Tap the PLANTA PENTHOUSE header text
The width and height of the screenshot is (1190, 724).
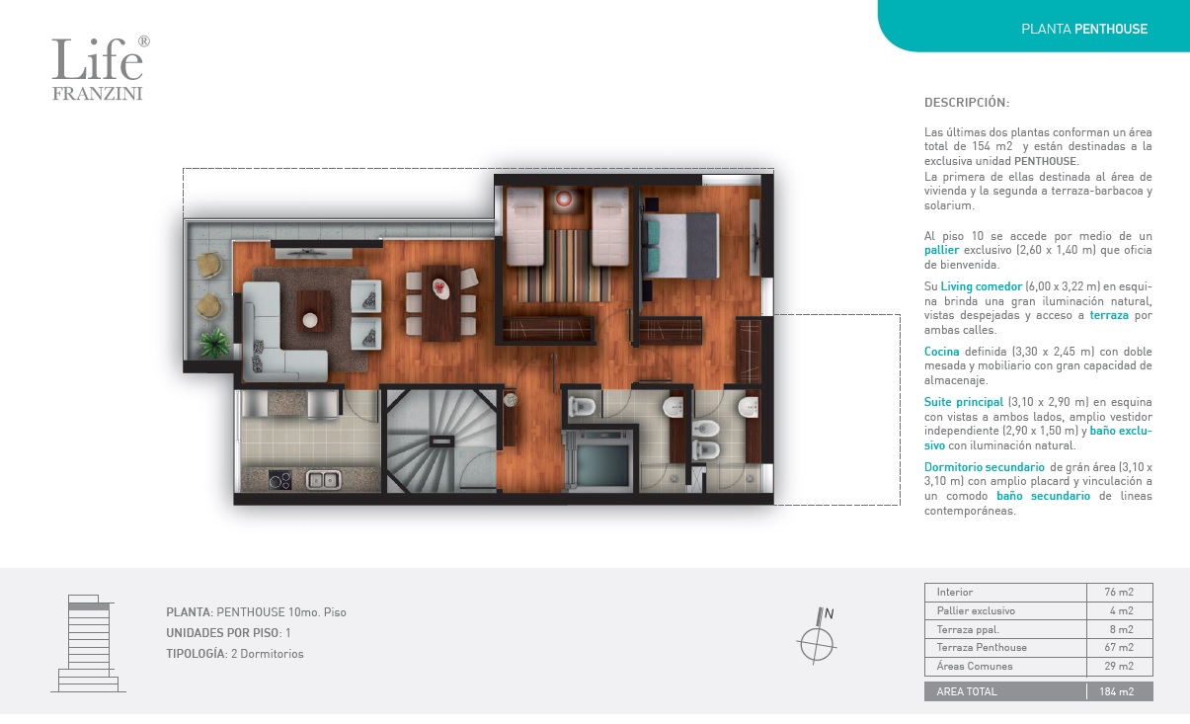point(1084,29)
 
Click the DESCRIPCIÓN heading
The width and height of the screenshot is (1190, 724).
point(967,103)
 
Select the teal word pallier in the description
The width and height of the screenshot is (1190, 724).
point(941,250)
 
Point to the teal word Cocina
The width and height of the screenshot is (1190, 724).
point(941,351)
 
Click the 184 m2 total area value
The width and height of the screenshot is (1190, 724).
point(1117,691)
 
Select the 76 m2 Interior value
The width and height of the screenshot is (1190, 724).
point(1119,592)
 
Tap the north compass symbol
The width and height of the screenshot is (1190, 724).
point(817,636)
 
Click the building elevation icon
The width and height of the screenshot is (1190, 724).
point(88,643)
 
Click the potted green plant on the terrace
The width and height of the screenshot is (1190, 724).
point(215,342)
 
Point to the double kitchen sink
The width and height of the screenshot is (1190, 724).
point(323,480)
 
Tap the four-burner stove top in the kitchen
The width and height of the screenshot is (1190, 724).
point(279,480)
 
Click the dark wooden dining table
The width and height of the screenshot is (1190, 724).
point(440,303)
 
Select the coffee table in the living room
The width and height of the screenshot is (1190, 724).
point(313,311)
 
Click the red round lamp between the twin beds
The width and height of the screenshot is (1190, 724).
point(564,200)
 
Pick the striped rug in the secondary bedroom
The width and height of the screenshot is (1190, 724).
point(564,266)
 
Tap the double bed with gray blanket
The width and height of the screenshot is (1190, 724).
point(680,245)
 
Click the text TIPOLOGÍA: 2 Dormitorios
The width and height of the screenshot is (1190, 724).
point(235,654)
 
